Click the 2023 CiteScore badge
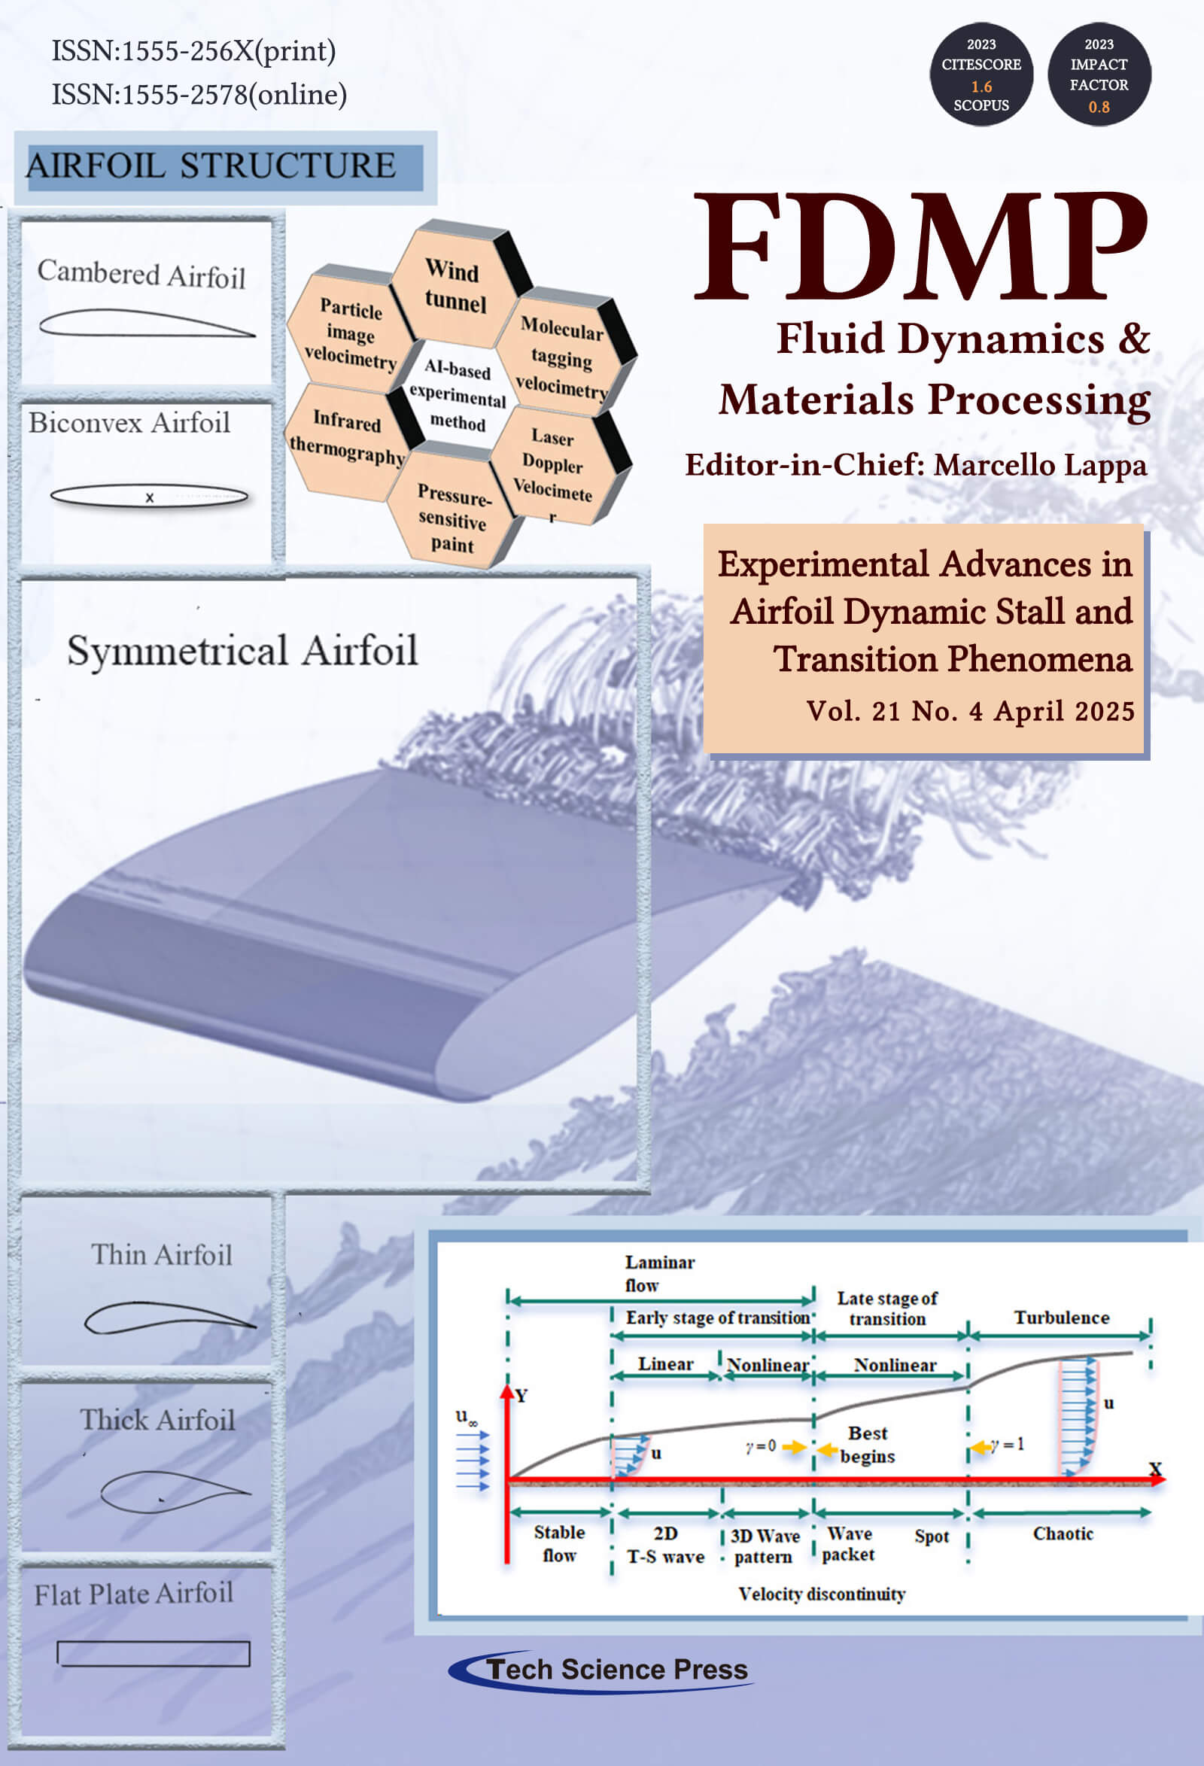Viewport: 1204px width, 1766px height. click(981, 74)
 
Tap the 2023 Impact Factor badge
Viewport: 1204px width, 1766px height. click(1099, 74)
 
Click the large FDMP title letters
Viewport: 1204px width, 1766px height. click(920, 247)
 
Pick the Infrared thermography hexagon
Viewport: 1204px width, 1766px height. click(347, 438)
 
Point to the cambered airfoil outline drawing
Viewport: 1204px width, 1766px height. click(146, 324)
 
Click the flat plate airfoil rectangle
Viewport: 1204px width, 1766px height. click(154, 1654)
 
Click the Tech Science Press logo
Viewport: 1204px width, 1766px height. click(600, 1670)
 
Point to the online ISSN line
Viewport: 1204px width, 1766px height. click(199, 94)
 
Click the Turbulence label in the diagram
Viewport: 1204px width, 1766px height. click(1061, 1317)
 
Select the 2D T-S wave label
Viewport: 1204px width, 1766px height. click(665, 1545)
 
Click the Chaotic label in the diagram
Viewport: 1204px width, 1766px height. click(1063, 1533)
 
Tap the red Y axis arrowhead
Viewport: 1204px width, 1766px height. click(507, 1391)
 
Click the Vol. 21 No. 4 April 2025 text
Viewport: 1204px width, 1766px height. click(970, 711)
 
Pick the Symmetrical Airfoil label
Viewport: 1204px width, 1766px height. click(242, 650)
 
